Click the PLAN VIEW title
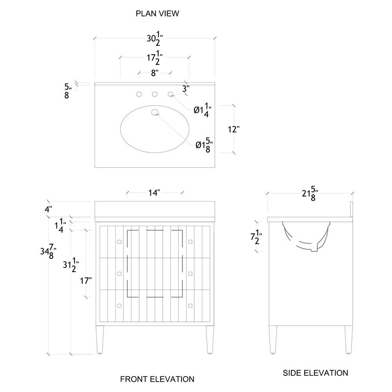(x=157, y=13)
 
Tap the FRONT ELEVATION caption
(x=157, y=379)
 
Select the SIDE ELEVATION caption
(x=315, y=373)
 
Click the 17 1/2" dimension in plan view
(x=155, y=58)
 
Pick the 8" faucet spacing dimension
(x=155, y=73)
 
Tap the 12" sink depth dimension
(x=234, y=129)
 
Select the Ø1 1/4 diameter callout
(x=203, y=110)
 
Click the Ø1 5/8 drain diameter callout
(x=204, y=145)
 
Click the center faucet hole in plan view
(x=155, y=94)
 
